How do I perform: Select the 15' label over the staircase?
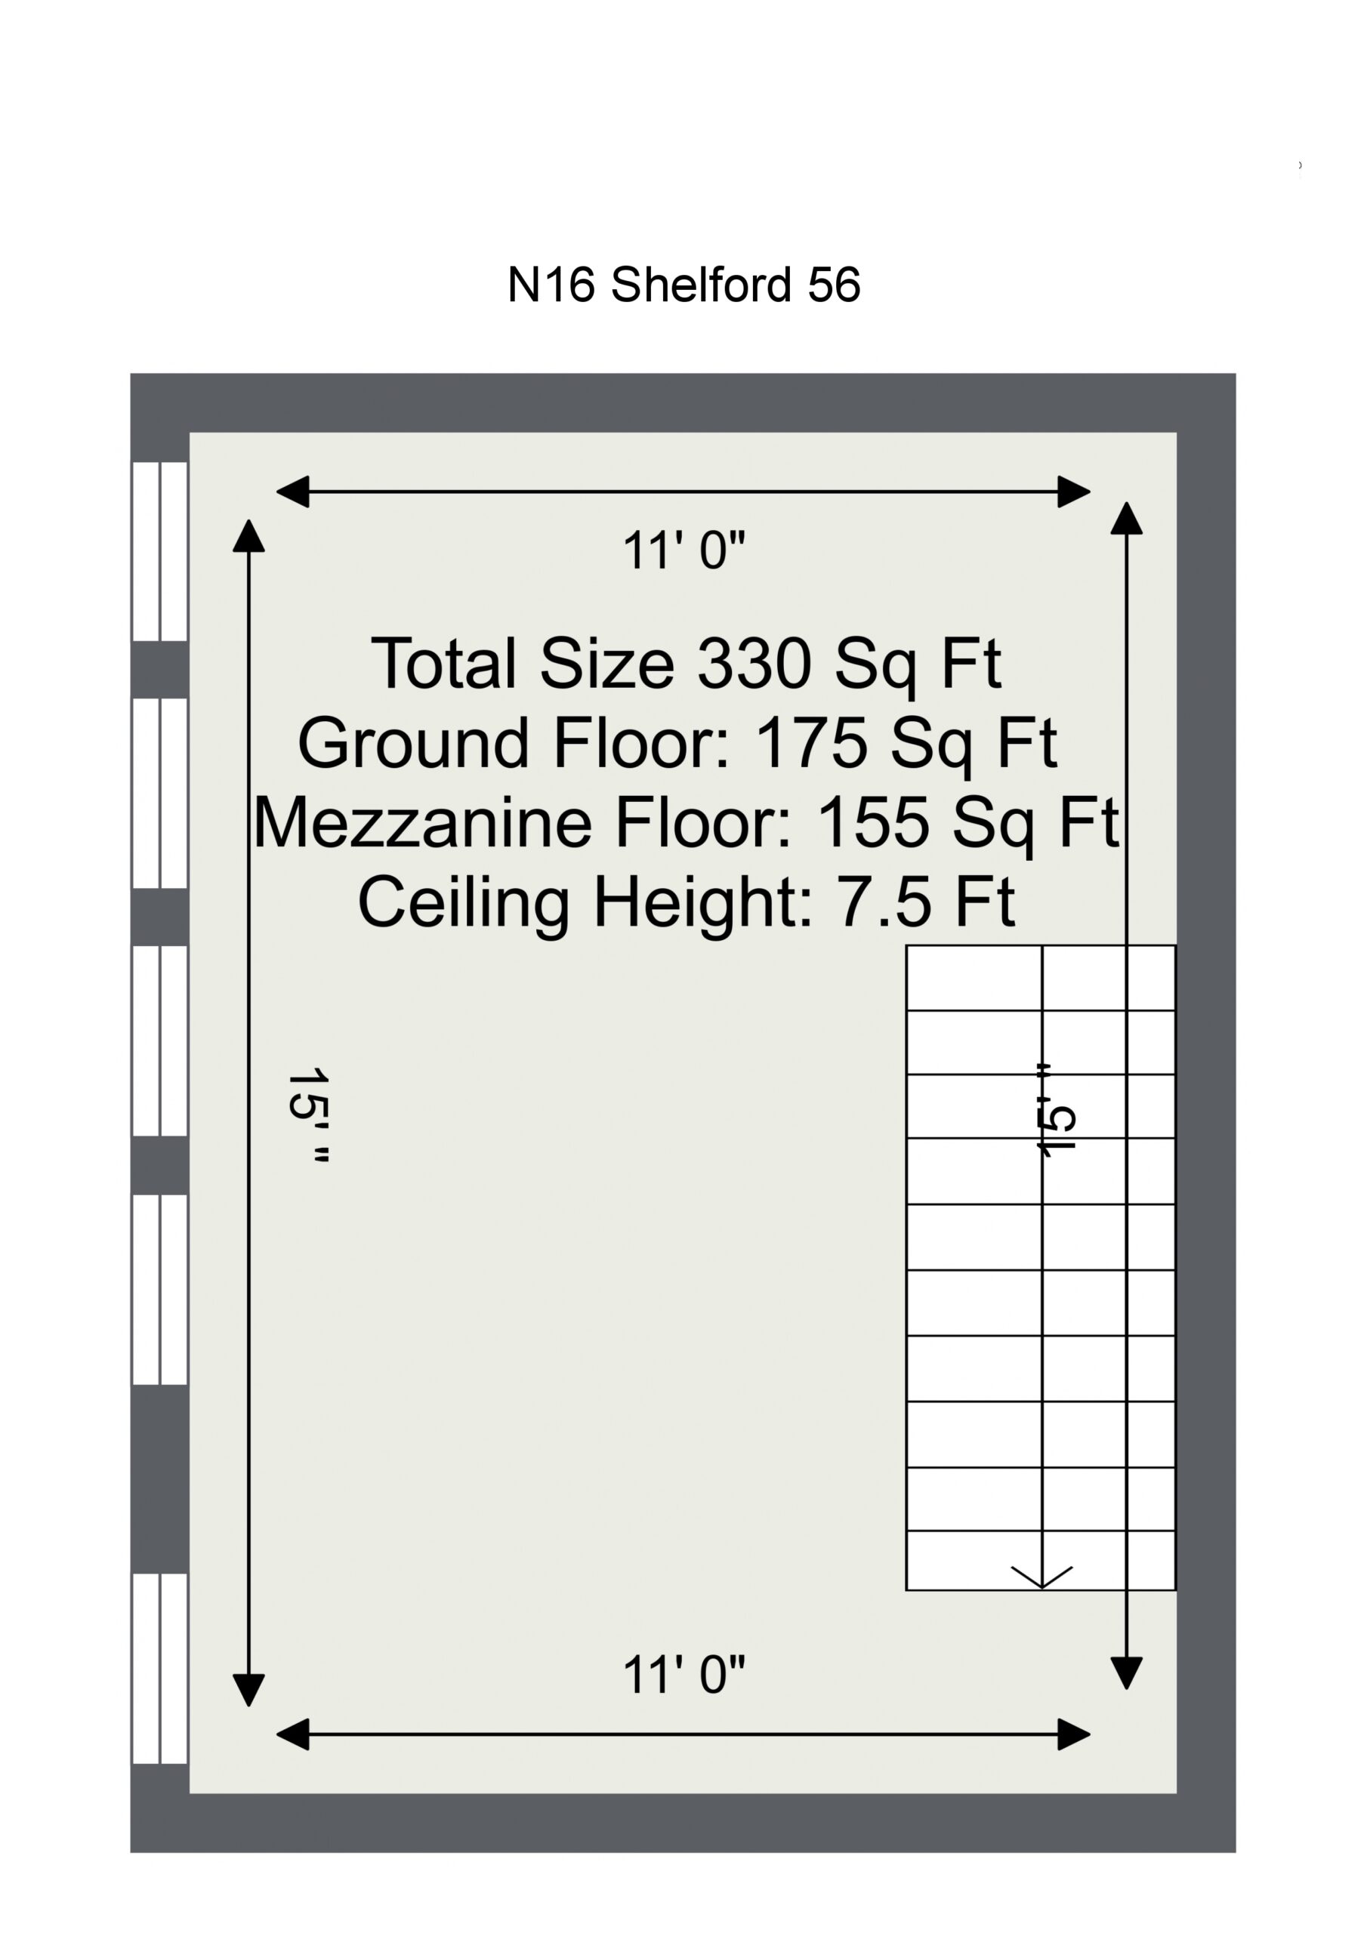[x=1055, y=1111]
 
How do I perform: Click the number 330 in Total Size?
[x=754, y=664]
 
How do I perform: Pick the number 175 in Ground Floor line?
[x=812, y=744]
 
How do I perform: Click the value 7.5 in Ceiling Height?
[x=884, y=902]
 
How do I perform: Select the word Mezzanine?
[x=423, y=822]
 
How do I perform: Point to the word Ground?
[x=414, y=744]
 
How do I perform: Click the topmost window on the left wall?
[x=160, y=551]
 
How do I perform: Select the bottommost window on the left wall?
[x=160, y=1668]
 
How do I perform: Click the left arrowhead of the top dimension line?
[x=292, y=492]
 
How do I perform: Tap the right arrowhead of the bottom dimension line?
[x=1075, y=1734]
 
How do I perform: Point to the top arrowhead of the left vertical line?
[x=248, y=535]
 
